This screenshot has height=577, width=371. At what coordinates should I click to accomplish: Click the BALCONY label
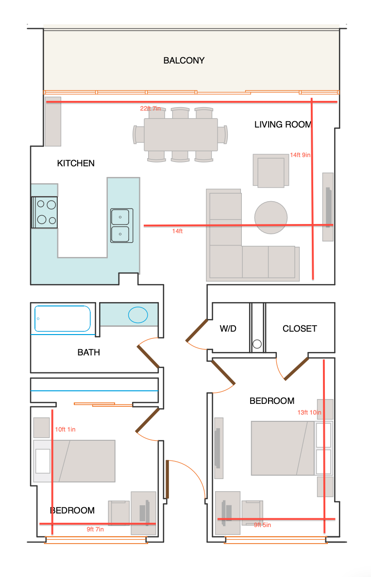pyautogui.click(x=184, y=60)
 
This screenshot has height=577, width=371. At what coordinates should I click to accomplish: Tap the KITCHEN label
pyautogui.click(x=76, y=163)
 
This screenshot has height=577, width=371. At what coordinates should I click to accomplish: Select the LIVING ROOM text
pyautogui.click(x=283, y=125)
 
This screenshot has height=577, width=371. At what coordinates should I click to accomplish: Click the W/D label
pyautogui.click(x=228, y=329)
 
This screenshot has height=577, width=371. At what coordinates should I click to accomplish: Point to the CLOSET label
pyautogui.click(x=300, y=329)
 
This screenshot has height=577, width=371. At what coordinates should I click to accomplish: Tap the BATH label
pyautogui.click(x=89, y=352)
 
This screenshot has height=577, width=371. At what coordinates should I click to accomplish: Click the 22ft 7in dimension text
pyautogui.click(x=151, y=108)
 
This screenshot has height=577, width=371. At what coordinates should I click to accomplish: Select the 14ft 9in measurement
pyautogui.click(x=300, y=155)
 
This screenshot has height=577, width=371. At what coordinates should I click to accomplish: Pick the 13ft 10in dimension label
pyautogui.click(x=309, y=413)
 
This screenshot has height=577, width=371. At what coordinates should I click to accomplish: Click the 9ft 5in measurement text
pyautogui.click(x=262, y=525)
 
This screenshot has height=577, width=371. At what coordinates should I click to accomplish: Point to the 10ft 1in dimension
pyautogui.click(x=65, y=430)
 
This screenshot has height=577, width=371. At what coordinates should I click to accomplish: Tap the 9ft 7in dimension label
pyautogui.click(x=95, y=529)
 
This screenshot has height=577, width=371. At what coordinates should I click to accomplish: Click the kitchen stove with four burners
pyautogui.click(x=45, y=212)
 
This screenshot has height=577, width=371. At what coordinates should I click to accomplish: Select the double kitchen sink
pyautogui.click(x=121, y=225)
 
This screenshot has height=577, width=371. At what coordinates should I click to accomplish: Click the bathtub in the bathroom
pyautogui.click(x=63, y=319)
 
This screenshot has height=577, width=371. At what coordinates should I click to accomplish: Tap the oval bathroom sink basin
pyautogui.click(x=138, y=315)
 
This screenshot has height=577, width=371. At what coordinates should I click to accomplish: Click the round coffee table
pyautogui.click(x=271, y=218)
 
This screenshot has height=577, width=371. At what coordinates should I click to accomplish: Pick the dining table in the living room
pyautogui.click(x=181, y=134)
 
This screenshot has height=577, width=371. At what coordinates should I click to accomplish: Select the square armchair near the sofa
pyautogui.click(x=271, y=171)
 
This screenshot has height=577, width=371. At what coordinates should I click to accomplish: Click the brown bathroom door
pyautogui.click(x=149, y=356)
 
